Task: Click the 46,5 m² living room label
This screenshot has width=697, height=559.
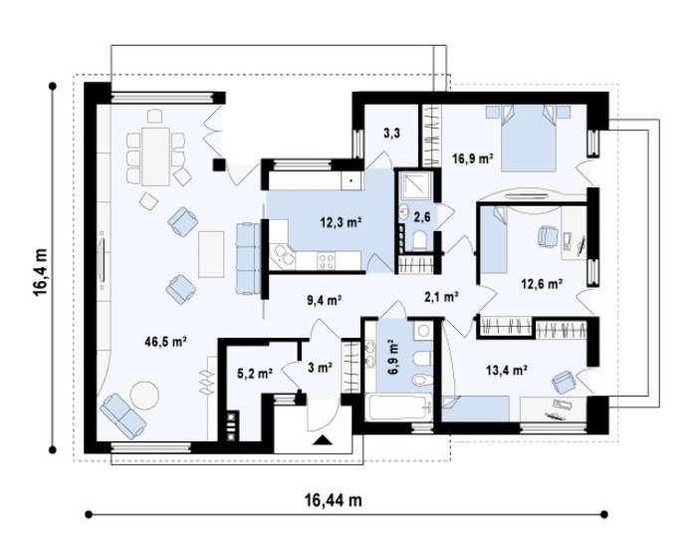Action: click(x=165, y=342)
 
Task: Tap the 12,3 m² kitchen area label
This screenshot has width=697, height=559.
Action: click(x=341, y=221)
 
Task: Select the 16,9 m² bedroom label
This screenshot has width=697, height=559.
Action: click(x=472, y=157)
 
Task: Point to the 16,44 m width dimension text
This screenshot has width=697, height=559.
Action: click(x=334, y=500)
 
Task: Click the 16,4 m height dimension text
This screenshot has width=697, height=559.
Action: click(x=40, y=272)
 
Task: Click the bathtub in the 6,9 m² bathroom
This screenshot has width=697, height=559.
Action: click(x=398, y=406)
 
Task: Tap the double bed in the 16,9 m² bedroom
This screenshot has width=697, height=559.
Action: click(x=529, y=139)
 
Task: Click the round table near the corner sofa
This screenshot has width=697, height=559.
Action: click(x=144, y=395)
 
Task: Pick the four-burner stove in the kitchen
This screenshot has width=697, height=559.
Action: click(x=326, y=260)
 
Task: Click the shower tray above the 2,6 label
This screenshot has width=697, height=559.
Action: click(x=415, y=185)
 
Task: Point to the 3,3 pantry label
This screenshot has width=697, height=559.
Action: click(x=391, y=133)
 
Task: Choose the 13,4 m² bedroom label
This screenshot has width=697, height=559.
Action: click(x=507, y=369)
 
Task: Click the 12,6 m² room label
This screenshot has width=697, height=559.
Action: click(x=543, y=283)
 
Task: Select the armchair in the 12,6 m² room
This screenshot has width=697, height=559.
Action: click(x=549, y=235)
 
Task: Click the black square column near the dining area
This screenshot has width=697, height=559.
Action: click(x=218, y=164)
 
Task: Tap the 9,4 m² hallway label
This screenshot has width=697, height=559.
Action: click(x=324, y=301)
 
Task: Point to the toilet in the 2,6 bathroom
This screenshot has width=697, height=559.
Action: click(x=419, y=240)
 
